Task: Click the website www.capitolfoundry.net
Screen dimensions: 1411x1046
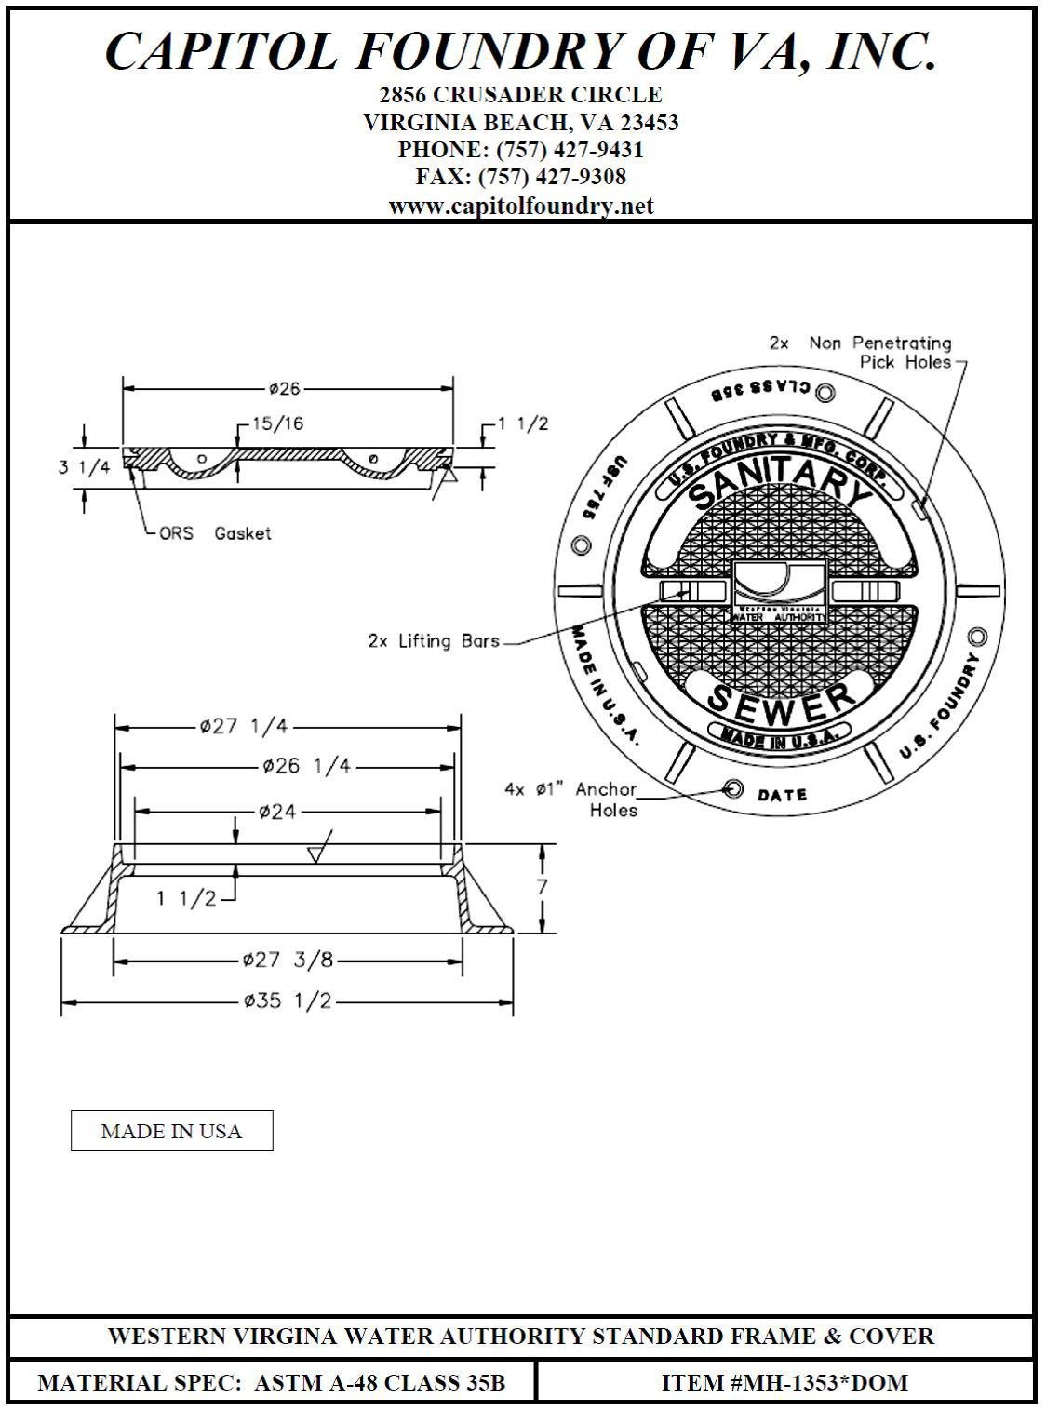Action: tap(521, 206)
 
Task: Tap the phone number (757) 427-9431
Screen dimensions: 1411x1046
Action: tap(570, 150)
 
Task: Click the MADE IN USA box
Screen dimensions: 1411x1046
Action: tap(171, 1131)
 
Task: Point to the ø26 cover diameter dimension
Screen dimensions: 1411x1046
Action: tap(285, 389)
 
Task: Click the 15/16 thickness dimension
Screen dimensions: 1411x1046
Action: tap(277, 424)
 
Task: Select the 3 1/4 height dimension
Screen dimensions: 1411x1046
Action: tap(84, 466)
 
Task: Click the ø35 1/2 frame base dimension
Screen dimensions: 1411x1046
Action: tap(288, 1001)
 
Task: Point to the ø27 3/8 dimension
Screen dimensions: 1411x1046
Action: tap(288, 960)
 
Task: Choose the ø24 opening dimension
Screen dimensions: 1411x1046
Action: tap(278, 812)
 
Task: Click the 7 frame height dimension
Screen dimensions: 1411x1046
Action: tap(542, 886)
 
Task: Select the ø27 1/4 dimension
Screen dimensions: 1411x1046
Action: tap(244, 727)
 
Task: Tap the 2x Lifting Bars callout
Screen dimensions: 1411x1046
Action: tap(435, 641)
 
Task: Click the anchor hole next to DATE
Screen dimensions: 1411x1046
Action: tap(733, 789)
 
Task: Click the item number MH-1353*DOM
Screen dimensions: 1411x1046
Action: tap(784, 1382)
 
